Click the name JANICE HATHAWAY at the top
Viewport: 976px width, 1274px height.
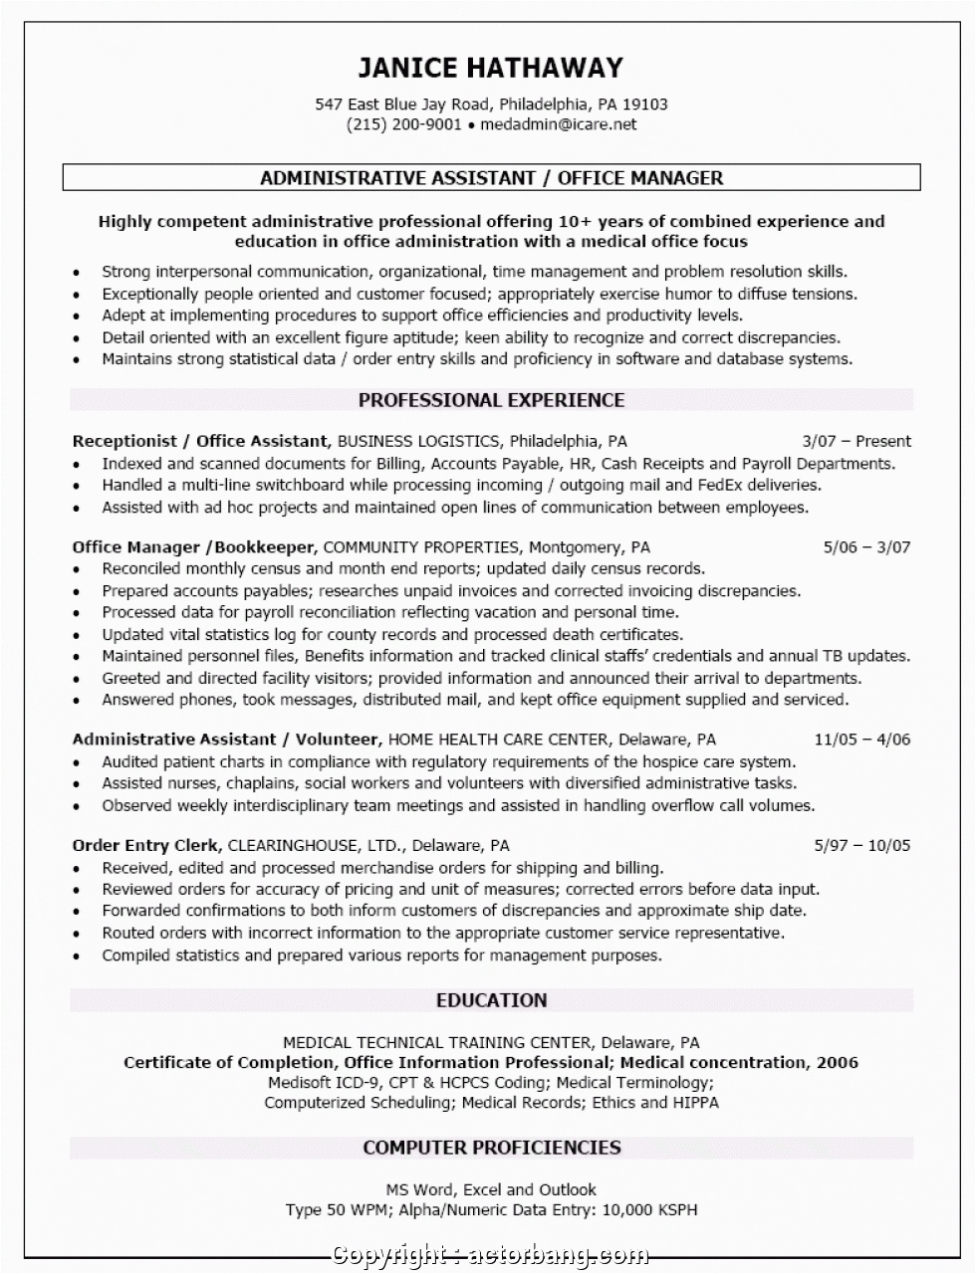[x=491, y=68]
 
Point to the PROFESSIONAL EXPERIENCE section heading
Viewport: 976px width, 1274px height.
[x=491, y=400]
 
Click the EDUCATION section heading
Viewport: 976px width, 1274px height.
[x=491, y=1000]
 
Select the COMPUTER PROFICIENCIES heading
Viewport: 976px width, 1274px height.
[x=491, y=1148]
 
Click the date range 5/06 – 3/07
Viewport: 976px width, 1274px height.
[x=866, y=546]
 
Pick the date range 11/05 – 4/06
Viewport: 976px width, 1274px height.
[x=861, y=740]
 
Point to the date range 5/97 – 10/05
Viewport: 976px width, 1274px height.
[x=861, y=845]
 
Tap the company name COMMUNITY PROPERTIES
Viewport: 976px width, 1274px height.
[x=421, y=546]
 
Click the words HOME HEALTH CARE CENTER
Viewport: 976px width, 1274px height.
[x=497, y=740]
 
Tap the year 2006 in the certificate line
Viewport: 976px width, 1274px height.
[x=837, y=1062]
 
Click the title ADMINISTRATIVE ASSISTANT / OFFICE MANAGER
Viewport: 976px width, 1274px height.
[x=491, y=178]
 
